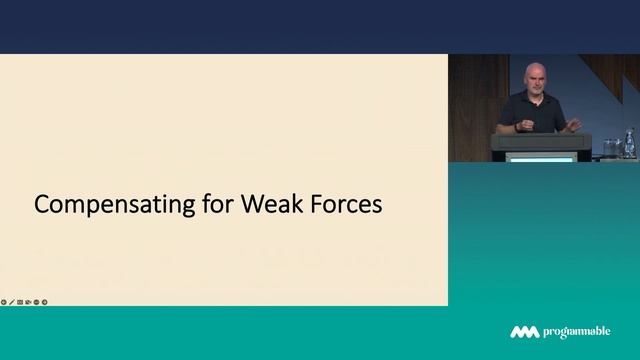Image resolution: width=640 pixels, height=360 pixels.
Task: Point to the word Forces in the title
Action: pos(347,205)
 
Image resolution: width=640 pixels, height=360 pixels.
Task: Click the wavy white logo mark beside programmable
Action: pos(525,332)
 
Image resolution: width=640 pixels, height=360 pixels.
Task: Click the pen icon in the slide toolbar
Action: pos(12,301)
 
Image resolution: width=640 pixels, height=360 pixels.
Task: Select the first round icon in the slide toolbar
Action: pos(4,301)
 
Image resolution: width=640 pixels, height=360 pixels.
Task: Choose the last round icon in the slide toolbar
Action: pos(44,301)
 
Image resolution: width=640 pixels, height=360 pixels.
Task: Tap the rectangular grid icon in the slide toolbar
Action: pos(20,301)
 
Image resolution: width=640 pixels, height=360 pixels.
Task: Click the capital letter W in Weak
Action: pos(251,205)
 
